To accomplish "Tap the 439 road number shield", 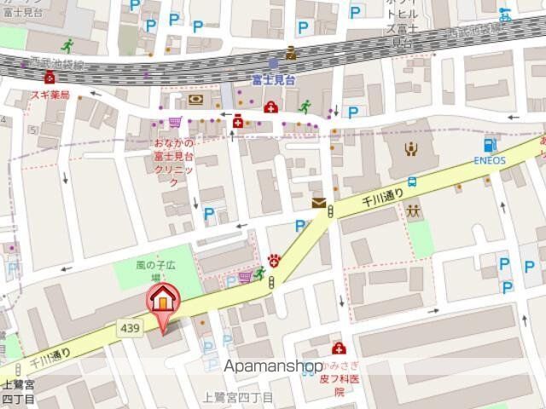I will coord(129,329).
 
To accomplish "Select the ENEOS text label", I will coord(491,160).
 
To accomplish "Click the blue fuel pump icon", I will coord(490,145).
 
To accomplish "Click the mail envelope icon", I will coord(319,202).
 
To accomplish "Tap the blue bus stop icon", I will coord(413,181).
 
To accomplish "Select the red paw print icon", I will coord(274,260).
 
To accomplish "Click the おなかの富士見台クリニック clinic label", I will coord(175,163).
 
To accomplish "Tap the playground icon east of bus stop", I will coord(415,210).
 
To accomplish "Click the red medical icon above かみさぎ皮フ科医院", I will coord(339,349).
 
